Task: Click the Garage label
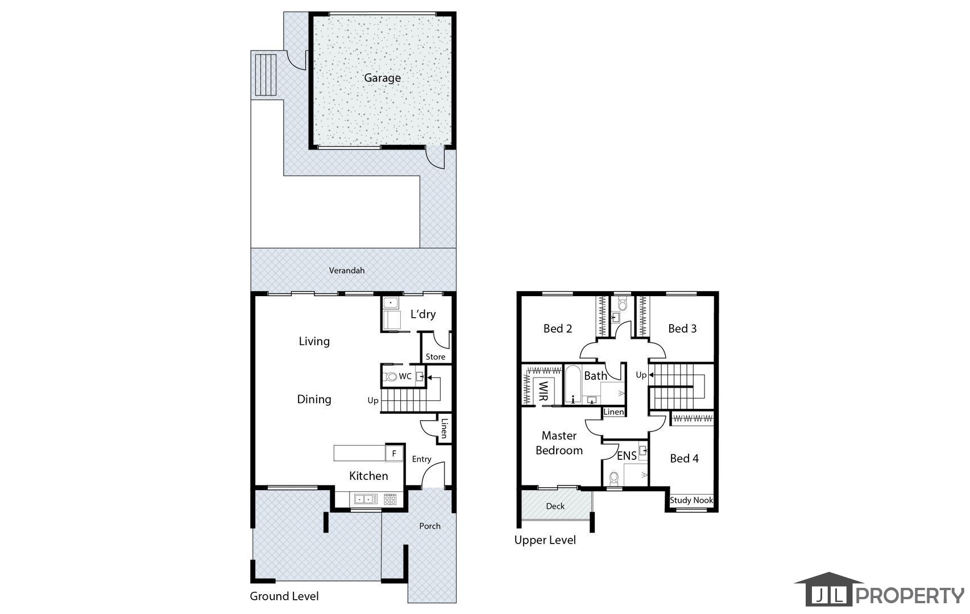click(382, 78)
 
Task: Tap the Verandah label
click(346, 271)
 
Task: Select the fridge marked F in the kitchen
click(394, 453)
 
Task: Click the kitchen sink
click(366, 499)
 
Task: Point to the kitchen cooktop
click(390, 499)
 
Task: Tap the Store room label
click(435, 357)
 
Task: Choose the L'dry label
click(423, 314)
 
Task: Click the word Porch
click(430, 526)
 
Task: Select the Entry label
click(421, 459)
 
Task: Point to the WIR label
click(544, 391)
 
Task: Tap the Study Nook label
click(691, 500)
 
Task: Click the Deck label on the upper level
click(555, 506)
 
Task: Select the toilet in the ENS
click(613, 478)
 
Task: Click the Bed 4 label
click(684, 459)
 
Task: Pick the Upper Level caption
click(545, 540)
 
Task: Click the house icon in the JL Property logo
click(829, 589)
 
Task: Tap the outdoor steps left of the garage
click(266, 75)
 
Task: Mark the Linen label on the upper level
click(613, 412)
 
